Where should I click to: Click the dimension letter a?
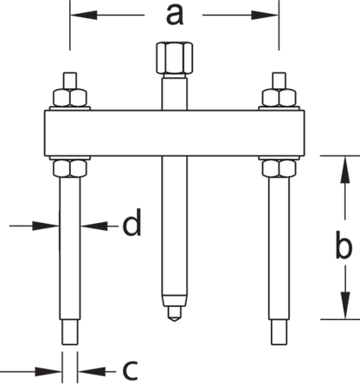[x=175, y=16]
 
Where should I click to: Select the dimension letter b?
[x=344, y=244]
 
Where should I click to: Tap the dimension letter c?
[x=130, y=370]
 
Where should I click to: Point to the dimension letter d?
[x=132, y=222]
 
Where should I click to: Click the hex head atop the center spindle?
[x=175, y=58]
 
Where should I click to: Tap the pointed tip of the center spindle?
[x=174, y=321]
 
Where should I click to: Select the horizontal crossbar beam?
[x=175, y=133]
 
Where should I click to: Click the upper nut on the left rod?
[x=70, y=98]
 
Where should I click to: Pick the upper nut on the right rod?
[x=279, y=98]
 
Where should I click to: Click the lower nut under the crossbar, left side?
[x=70, y=169]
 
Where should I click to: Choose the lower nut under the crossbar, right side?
[x=279, y=169]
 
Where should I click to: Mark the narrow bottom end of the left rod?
[x=70, y=332]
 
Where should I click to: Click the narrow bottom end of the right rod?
[x=279, y=332]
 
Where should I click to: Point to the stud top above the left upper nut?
[x=70, y=80]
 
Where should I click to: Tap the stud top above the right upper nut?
[x=279, y=80]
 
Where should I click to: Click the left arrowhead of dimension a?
[x=84, y=15]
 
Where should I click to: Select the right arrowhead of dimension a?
[x=265, y=15]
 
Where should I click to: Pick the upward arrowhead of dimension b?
[x=345, y=169]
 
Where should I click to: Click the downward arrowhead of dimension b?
[x=345, y=305]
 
